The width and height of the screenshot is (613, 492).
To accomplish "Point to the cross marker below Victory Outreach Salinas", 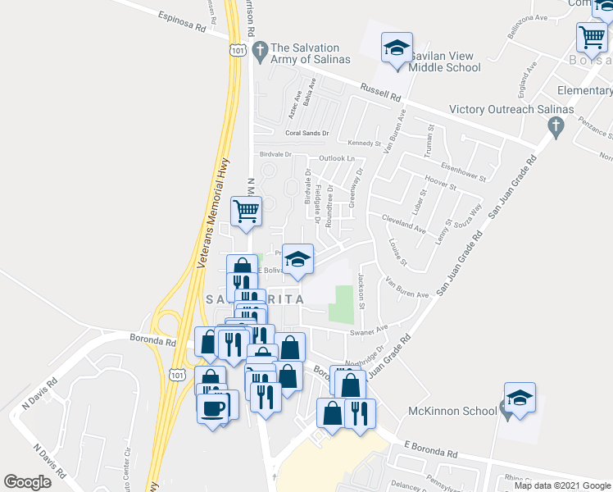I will click(556, 125).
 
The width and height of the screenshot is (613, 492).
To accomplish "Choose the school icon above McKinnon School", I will click(520, 398).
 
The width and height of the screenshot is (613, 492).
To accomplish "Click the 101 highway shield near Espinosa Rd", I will click(237, 51).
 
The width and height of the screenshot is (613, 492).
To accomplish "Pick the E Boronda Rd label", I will click(430, 449).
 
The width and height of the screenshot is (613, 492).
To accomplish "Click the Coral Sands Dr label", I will click(306, 133).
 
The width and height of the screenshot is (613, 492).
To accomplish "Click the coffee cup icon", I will click(211, 407).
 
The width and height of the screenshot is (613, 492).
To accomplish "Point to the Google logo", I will click(28, 482).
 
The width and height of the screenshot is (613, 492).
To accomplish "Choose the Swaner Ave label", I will click(368, 331).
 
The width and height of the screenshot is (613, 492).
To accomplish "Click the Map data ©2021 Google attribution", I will click(561, 485).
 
